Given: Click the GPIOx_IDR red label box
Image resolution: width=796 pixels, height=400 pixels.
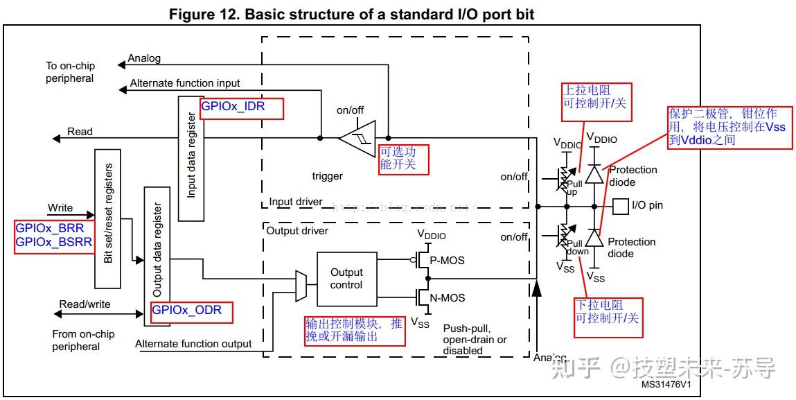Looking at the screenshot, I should tap(241, 108).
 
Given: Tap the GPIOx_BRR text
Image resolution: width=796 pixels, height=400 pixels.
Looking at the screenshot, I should tap(49, 228).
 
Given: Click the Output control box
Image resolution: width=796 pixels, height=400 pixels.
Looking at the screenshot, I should tap(346, 279).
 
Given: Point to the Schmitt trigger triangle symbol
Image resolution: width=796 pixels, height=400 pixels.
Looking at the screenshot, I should tap(357, 137).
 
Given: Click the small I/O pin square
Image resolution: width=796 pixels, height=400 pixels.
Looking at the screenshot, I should tap(621, 206).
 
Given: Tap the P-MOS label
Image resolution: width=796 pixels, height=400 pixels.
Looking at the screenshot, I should tap(447, 261).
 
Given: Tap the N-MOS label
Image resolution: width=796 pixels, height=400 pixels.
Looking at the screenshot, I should tap(447, 298).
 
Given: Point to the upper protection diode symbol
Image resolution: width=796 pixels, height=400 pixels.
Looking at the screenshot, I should tap(594, 173).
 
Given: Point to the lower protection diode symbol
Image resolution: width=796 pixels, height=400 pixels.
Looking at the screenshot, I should tap(594, 238).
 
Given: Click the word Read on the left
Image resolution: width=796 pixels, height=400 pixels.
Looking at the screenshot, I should tap(80, 132).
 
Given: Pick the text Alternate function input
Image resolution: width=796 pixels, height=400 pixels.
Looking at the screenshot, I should tap(184, 83).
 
